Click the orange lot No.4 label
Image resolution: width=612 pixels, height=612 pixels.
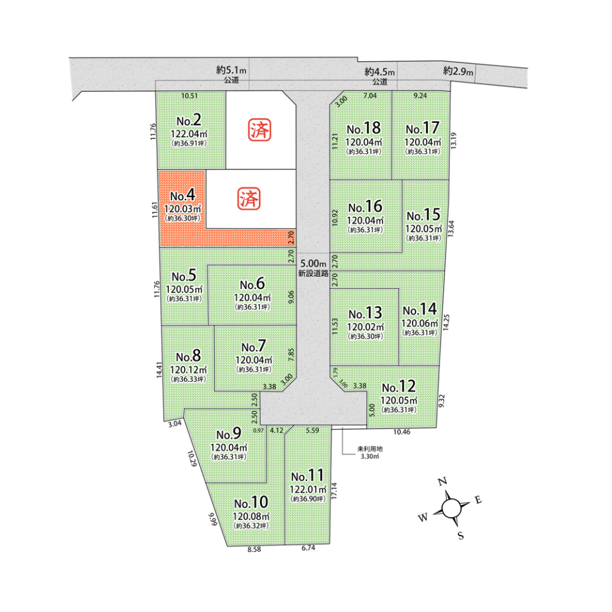pyautogui.click(x=183, y=195)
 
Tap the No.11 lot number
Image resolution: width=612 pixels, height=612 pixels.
pyautogui.click(x=307, y=476)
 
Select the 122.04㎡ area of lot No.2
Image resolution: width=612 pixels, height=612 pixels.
pyautogui.click(x=189, y=134)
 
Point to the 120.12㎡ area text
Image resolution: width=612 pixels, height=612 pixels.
pyautogui.click(x=188, y=370)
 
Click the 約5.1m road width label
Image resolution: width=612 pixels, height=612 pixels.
pyautogui.click(x=231, y=70)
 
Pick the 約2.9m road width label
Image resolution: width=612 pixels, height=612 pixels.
pyautogui.click(x=458, y=71)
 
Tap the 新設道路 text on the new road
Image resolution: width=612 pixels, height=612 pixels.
pyautogui.click(x=313, y=273)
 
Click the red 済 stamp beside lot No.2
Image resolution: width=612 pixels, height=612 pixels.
pyautogui.click(x=259, y=130)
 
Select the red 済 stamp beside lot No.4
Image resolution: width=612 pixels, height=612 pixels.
pyautogui.click(x=249, y=199)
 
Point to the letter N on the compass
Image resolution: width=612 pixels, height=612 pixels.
pyautogui.click(x=442, y=482)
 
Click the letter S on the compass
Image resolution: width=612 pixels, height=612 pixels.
pyautogui.click(x=461, y=535)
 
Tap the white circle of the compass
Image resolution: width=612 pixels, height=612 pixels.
pyautogui.click(x=451, y=508)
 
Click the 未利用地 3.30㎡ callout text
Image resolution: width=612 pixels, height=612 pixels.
pyautogui.click(x=370, y=453)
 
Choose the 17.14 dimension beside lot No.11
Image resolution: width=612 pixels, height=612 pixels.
pyautogui.click(x=333, y=491)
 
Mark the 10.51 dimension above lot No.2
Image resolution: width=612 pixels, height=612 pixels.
pyautogui.click(x=189, y=96)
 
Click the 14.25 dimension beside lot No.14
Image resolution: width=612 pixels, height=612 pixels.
pyautogui.click(x=446, y=323)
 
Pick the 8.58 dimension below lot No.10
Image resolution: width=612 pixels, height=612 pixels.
pyautogui.click(x=254, y=549)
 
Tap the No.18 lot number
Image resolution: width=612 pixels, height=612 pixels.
pyautogui.click(x=364, y=128)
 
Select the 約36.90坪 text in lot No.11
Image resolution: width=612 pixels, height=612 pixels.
pyautogui.click(x=308, y=499)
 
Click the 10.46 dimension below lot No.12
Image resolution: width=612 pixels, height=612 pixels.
pyautogui.click(x=402, y=432)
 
